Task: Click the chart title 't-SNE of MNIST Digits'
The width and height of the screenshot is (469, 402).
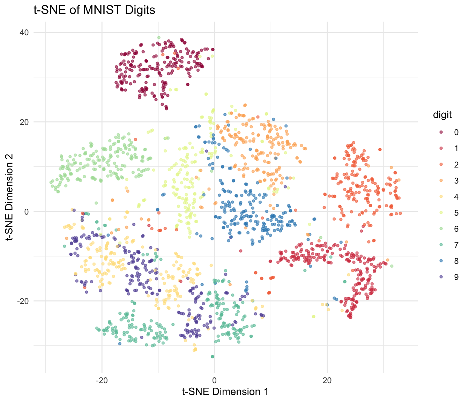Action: (94, 10)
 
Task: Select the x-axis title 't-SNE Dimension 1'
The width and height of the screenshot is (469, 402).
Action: (225, 392)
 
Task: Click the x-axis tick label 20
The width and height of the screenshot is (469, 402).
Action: (327, 380)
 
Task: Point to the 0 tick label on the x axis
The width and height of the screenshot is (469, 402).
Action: (214, 380)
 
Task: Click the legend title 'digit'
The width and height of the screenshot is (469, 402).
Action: (442, 115)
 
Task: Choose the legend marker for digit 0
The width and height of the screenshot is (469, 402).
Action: (441, 132)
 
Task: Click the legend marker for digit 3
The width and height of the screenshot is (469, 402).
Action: (441, 180)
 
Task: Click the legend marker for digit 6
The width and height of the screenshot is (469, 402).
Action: (441, 229)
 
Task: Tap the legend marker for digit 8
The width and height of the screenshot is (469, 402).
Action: (441, 261)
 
